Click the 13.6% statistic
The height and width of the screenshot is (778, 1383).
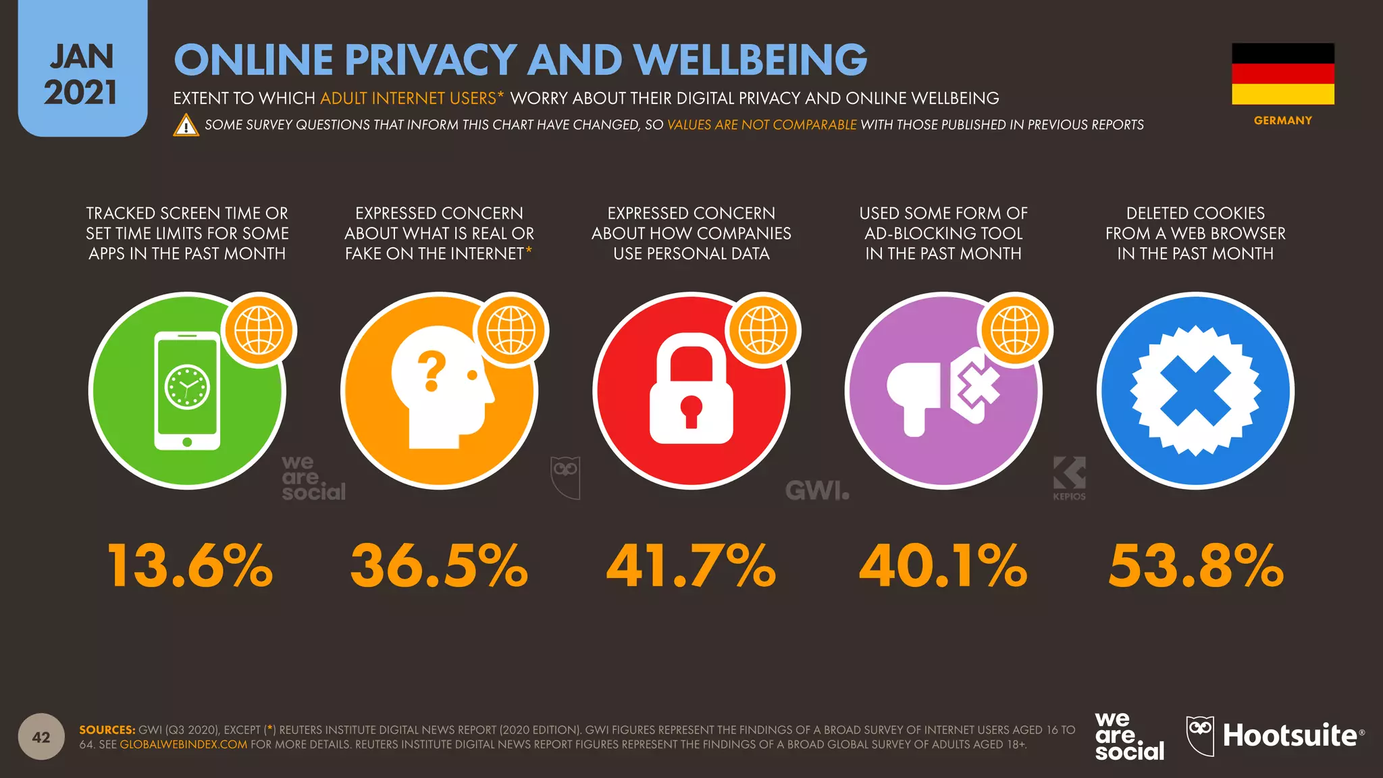pos(190,565)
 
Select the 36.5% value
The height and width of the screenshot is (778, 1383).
pos(439,565)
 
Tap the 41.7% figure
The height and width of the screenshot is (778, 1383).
pos(691,565)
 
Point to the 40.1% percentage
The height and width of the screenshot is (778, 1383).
pos(943,565)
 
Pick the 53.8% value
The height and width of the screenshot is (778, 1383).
pos(1196,565)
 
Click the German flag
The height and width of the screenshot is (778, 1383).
pos(1283,74)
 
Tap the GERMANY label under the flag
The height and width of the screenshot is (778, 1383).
pos(1283,120)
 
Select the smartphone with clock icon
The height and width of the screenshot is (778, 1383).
pos(187,390)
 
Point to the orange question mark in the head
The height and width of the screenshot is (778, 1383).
pos(432,371)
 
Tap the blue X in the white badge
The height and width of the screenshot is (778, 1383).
pos(1195,391)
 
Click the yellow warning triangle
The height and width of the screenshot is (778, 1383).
pos(186,126)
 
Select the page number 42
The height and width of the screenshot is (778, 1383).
pos(41,737)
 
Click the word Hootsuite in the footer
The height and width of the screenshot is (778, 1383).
pos(1290,735)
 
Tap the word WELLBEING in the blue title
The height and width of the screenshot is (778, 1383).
pos(750,59)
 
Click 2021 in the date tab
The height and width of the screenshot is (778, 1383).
pos(81,93)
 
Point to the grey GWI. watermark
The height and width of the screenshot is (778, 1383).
pos(817,491)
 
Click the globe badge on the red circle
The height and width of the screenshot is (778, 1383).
pos(763,330)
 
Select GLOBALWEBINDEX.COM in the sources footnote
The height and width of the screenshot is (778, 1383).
pos(184,744)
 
